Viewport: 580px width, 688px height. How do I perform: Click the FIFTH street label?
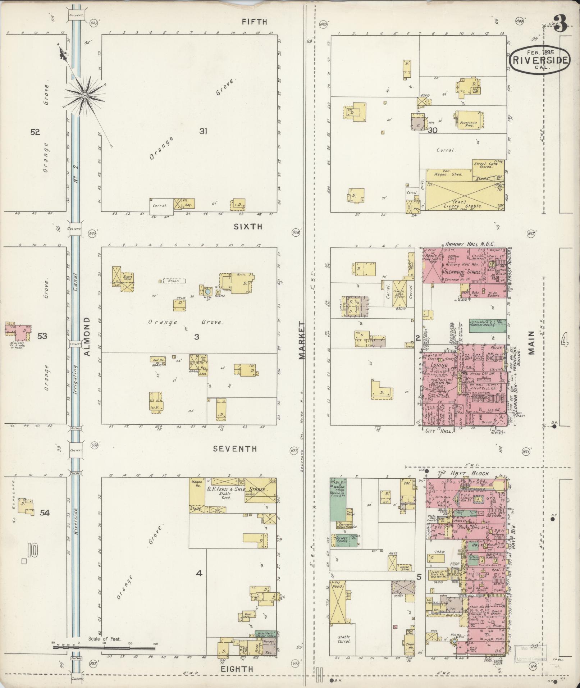(x=254, y=22)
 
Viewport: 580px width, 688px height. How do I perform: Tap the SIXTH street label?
(x=248, y=227)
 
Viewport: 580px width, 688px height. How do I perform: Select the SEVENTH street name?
(x=235, y=449)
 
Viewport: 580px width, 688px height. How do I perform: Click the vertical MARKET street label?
(x=301, y=340)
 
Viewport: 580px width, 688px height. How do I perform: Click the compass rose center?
(x=85, y=95)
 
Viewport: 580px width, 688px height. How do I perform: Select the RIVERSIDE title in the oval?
(x=539, y=60)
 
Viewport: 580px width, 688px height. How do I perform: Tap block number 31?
(x=204, y=132)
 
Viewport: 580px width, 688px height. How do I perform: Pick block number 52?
(x=35, y=132)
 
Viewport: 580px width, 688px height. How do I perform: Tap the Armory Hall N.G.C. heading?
(x=471, y=244)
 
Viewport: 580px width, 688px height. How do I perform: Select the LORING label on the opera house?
(x=440, y=365)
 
